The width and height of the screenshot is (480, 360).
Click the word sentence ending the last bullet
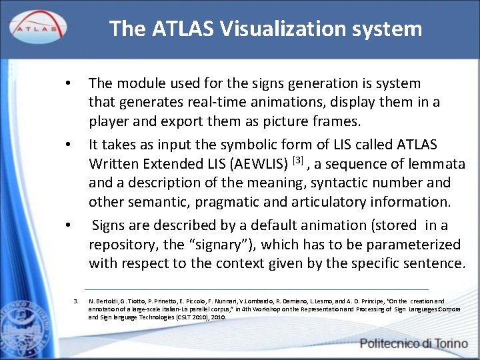click(x=431, y=263)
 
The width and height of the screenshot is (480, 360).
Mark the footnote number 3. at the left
click(x=76, y=301)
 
